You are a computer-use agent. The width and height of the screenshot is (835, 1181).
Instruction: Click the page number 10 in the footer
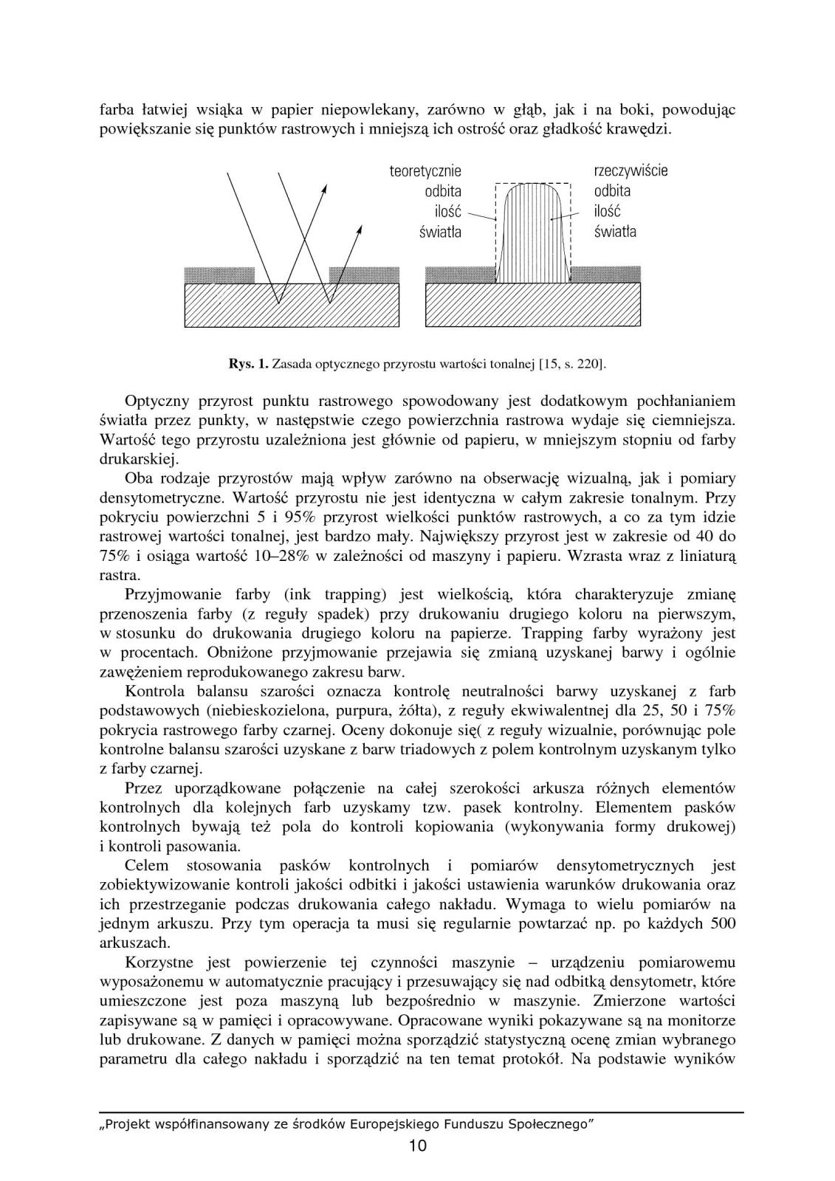(x=417, y=1146)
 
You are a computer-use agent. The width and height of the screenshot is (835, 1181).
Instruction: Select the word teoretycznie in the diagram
(x=425, y=171)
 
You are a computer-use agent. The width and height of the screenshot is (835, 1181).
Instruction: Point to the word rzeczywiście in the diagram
(x=630, y=171)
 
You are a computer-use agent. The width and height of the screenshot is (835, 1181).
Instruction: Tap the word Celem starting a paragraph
(x=147, y=865)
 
